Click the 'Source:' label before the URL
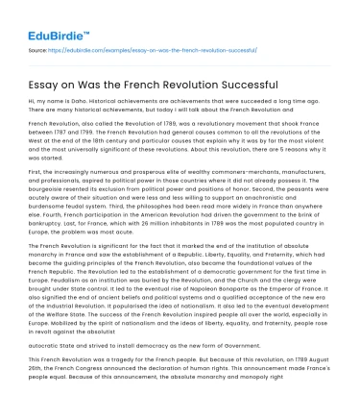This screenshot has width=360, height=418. [38, 48]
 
